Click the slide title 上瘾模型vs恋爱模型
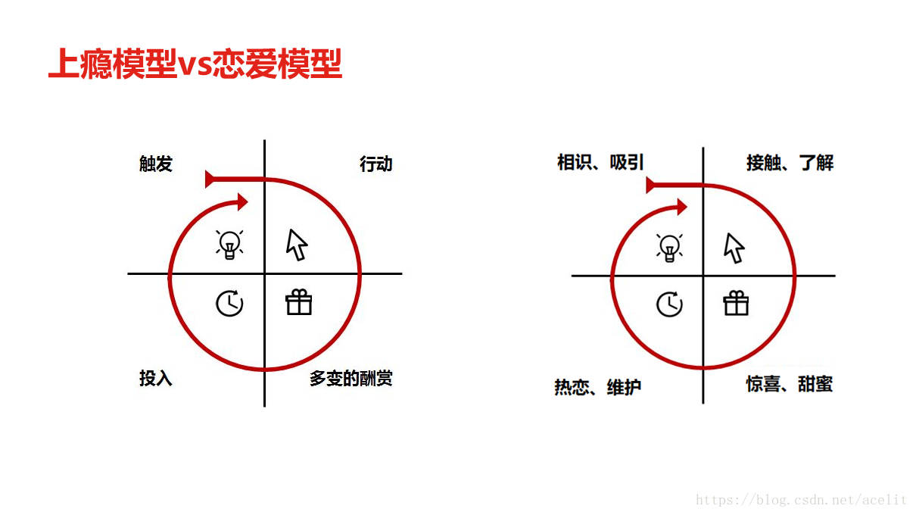point(195,64)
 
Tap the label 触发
point(156,164)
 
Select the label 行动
point(375,164)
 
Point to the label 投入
point(156,378)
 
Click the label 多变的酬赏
point(351,378)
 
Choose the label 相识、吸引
point(600,162)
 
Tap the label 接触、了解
point(790,162)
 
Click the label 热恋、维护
point(598,387)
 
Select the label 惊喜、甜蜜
point(790,384)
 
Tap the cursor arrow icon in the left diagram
point(297,244)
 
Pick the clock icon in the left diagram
point(229,303)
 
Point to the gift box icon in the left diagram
point(298,302)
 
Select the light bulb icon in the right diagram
point(669,247)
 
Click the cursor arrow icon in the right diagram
point(734,247)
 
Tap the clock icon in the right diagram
point(669,304)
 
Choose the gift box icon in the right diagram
point(736,303)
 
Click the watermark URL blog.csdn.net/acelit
point(801,500)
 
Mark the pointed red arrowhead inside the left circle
point(241,201)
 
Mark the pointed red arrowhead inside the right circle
point(681,206)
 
